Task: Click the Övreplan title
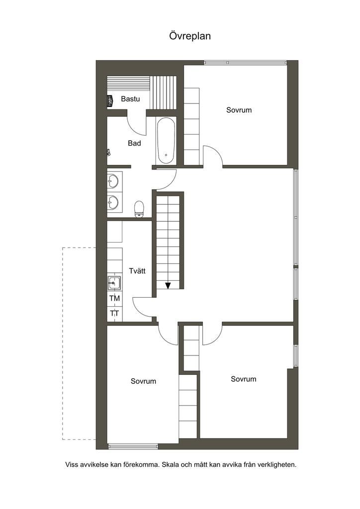pos(190,36)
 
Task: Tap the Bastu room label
pos(130,99)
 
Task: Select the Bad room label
pos(134,143)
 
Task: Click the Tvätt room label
pos(137,271)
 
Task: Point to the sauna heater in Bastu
pos(110,100)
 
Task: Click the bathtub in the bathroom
pos(166,141)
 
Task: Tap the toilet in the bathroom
pos(139,209)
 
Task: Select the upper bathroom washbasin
pos(113,181)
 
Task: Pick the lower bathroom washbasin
pos(113,203)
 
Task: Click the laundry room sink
pos(114,283)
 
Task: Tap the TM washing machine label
pos(114,298)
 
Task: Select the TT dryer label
pos(114,314)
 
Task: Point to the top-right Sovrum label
pos(239,110)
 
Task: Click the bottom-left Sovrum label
pos(143,381)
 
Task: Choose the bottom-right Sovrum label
pos(244,379)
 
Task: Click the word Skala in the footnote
pos(170,465)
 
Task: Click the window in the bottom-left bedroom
pos(133,446)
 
